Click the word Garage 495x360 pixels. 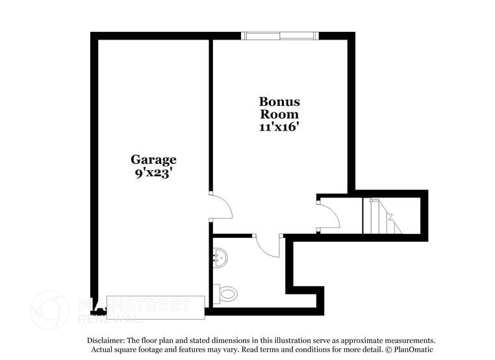153,159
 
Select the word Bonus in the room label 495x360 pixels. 279,101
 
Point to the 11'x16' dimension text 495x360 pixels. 279,127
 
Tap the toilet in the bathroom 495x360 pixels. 225,294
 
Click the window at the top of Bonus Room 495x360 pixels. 280,36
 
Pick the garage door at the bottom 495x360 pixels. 156,302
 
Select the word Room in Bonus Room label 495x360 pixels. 279,114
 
